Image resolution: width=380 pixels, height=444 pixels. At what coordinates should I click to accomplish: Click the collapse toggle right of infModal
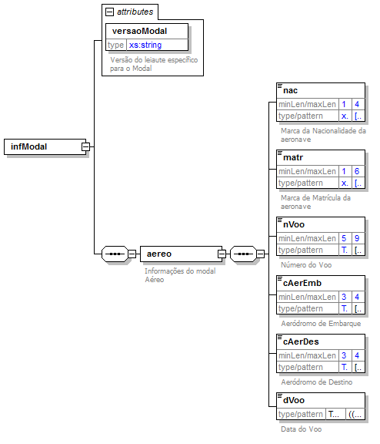pyautogui.click(x=86, y=146)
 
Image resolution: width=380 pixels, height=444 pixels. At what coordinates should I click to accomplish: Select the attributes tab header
pyautogui.click(x=134, y=12)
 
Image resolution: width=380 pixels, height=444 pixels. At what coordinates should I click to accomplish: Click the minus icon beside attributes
pyautogui.click(x=109, y=12)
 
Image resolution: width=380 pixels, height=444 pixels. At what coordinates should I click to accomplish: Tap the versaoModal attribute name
pyautogui.click(x=139, y=31)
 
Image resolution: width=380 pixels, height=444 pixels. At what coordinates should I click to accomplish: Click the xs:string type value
pyautogui.click(x=145, y=45)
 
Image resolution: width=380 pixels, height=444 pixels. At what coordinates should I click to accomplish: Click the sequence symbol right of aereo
pyautogui.click(x=243, y=253)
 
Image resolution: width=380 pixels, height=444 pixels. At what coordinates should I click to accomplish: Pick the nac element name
pyautogui.click(x=291, y=91)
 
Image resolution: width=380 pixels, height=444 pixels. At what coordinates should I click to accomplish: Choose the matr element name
pyautogui.click(x=292, y=157)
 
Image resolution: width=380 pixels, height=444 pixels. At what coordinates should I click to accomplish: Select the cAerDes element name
pyautogui.click(x=301, y=341)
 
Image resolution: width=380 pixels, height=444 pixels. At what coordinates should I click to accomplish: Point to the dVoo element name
pyautogui.click(x=294, y=400)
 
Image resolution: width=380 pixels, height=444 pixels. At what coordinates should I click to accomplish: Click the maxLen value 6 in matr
pyautogui.click(x=358, y=171)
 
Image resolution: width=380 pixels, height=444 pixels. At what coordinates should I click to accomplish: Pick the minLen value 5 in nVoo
pyautogui.click(x=345, y=237)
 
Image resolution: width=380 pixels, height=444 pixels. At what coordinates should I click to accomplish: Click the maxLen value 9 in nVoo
pyautogui.click(x=358, y=237)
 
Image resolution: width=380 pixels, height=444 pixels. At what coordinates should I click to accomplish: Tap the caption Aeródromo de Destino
pyautogui.click(x=317, y=382)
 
